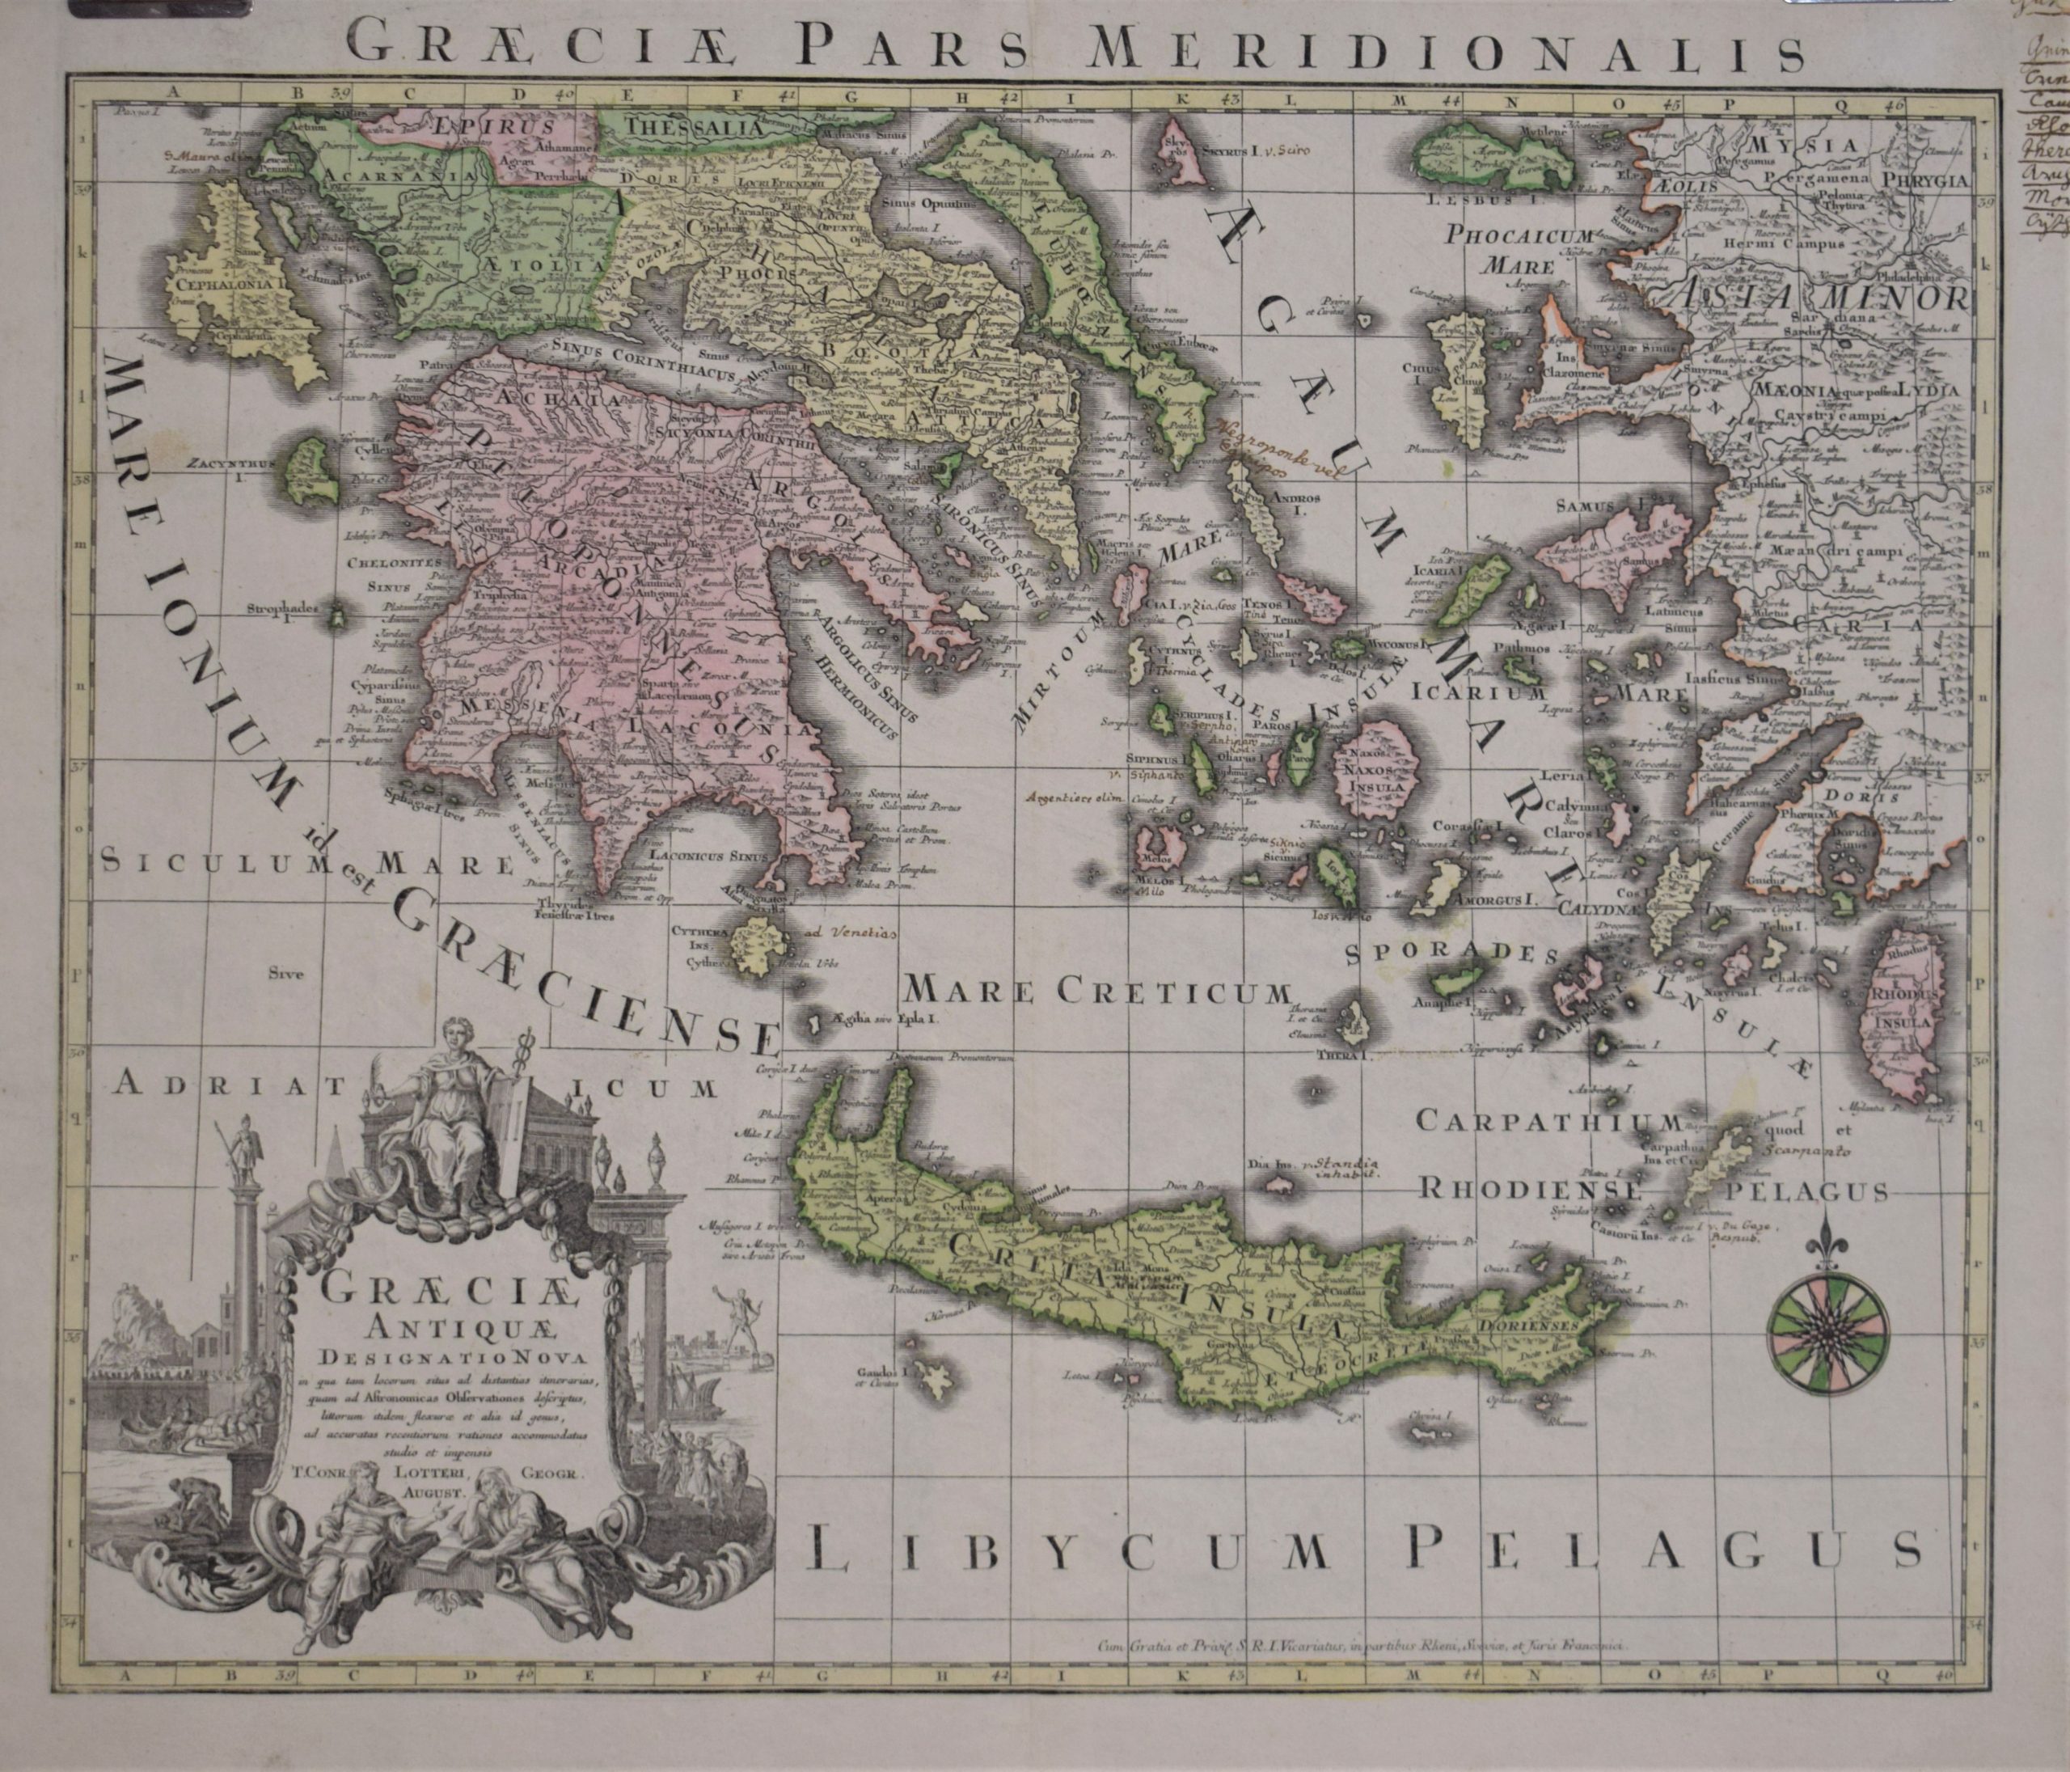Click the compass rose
click(1827, 1332)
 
